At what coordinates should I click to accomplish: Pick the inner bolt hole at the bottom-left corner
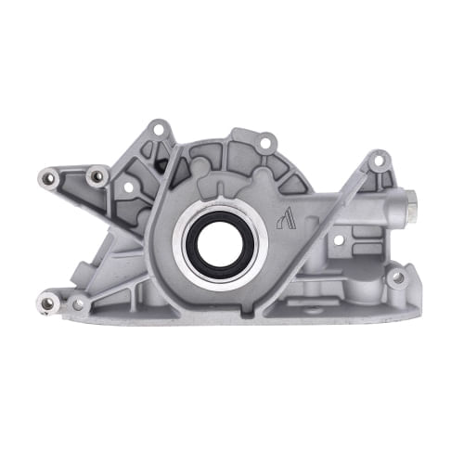coord(77,303)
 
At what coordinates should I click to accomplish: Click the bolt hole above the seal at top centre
coord(265,143)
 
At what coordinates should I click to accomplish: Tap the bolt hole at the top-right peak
coord(377,162)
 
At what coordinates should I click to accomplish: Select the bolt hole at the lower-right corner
coord(397,277)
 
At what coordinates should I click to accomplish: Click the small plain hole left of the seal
coord(129,187)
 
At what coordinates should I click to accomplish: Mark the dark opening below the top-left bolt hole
coord(161,165)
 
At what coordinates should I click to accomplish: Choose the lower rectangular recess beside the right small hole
coord(362,251)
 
